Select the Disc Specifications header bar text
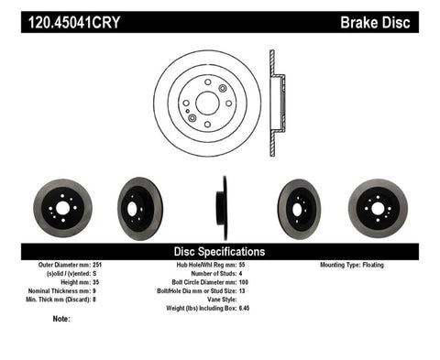(220, 251)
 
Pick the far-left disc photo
(61, 208)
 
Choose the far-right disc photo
(378, 208)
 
